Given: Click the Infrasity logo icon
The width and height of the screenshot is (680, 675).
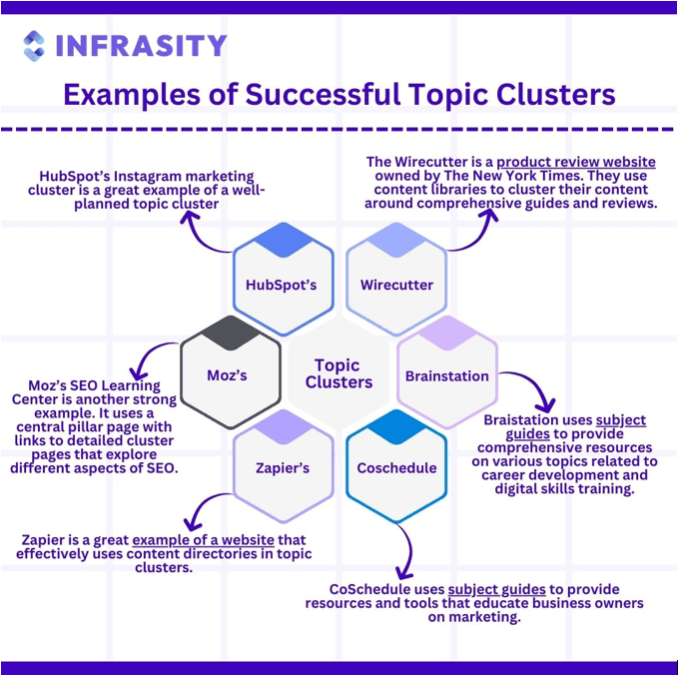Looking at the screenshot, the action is (34, 46).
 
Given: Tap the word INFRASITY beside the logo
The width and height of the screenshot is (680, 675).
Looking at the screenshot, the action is (142, 46).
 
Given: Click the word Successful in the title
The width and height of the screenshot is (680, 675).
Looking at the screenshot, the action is (323, 94).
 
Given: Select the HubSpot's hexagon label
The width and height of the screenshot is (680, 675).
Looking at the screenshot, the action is (281, 285).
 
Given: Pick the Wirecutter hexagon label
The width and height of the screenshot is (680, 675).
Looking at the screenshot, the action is (396, 285).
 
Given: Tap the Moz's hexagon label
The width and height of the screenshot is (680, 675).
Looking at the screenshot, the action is (227, 375).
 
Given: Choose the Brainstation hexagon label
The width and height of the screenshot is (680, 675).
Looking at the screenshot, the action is (447, 376).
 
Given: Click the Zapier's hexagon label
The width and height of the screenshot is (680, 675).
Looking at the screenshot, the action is (283, 468).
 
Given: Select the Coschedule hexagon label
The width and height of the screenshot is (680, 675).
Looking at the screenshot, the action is (396, 468).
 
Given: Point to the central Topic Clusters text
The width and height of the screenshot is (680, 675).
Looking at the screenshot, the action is (339, 373).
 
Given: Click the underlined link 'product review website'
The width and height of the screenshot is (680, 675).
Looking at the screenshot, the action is (576, 162).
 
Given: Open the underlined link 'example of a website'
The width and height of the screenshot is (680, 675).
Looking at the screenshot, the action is (203, 540).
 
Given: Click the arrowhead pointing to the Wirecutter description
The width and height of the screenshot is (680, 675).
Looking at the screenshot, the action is (490, 215).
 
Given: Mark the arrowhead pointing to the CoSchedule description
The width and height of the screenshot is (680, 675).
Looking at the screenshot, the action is (404, 573).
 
